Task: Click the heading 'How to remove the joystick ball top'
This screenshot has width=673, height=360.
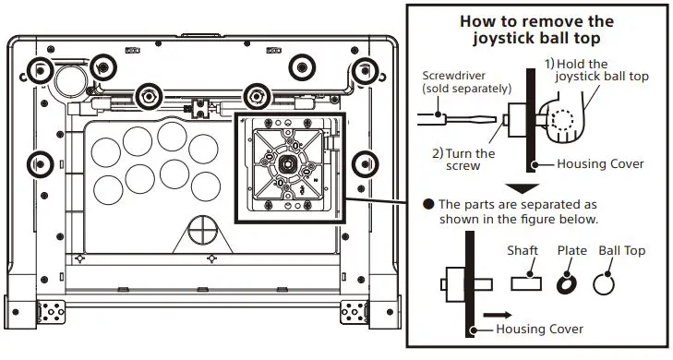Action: (535, 30)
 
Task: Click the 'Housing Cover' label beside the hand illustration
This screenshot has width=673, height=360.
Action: (600, 163)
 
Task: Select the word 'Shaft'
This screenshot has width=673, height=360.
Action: (522, 251)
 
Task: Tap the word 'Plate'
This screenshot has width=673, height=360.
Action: (571, 251)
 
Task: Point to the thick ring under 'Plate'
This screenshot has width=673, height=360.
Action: (568, 283)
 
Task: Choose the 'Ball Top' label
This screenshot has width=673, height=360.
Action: (621, 251)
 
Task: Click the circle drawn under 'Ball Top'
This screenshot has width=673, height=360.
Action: (605, 284)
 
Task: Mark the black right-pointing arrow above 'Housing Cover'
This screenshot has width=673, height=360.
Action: (498, 315)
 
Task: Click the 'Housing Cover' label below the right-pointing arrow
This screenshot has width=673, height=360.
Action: (540, 330)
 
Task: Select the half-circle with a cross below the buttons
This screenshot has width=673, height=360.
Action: (200, 230)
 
